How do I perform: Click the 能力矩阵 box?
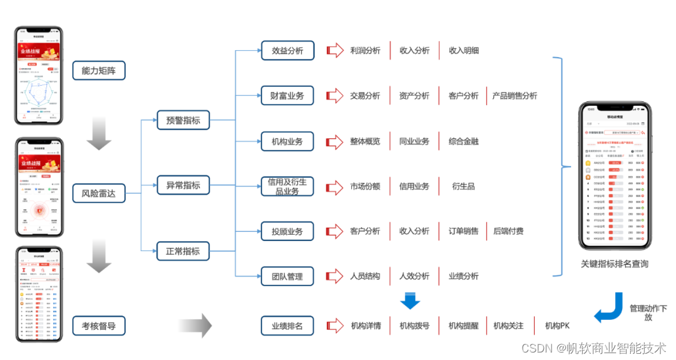click(99, 71)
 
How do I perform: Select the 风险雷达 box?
click(99, 193)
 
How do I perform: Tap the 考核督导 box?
click(99, 326)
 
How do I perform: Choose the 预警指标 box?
click(183, 120)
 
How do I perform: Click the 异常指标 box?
click(183, 185)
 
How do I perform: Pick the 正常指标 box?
click(183, 251)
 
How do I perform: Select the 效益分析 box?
click(288, 51)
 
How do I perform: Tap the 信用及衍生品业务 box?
click(288, 186)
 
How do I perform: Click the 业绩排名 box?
click(288, 326)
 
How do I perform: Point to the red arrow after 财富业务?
click(335, 96)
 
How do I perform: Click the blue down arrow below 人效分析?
click(410, 301)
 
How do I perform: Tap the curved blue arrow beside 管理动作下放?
click(608, 309)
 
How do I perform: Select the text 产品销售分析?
click(515, 96)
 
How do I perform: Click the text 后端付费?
click(508, 231)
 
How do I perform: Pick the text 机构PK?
click(557, 326)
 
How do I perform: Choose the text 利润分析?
click(365, 51)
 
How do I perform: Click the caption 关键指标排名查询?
click(614, 264)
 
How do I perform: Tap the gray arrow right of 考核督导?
click(195, 326)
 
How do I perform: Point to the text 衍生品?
click(463, 186)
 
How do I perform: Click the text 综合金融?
click(463, 141)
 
